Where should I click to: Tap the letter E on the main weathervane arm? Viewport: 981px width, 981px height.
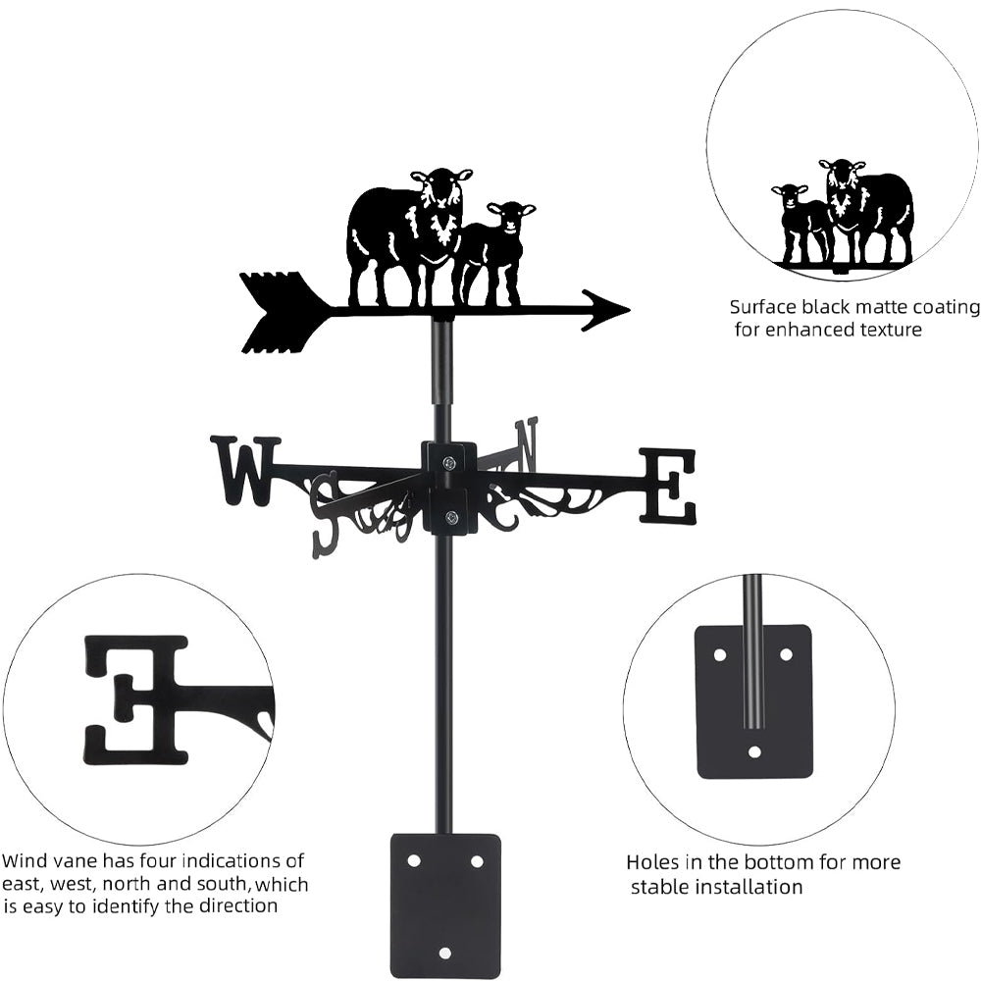tap(667, 486)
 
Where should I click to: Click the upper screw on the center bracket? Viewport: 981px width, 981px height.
tap(449, 463)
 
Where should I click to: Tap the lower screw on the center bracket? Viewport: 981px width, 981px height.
tap(449, 517)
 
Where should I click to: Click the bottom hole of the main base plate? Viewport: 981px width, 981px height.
tap(444, 953)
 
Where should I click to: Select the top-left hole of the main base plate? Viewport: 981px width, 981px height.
tap(413, 861)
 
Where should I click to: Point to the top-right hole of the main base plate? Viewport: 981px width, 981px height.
tap(477, 861)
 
